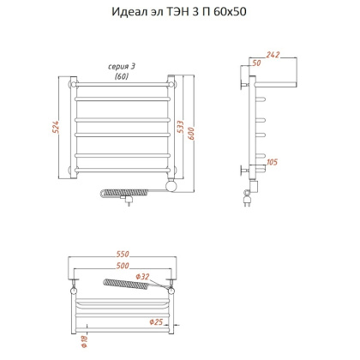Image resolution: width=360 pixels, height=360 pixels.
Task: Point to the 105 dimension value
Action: tap(273, 162)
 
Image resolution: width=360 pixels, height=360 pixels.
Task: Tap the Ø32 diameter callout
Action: tap(143, 276)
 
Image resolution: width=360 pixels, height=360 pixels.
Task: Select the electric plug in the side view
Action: tap(249, 202)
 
